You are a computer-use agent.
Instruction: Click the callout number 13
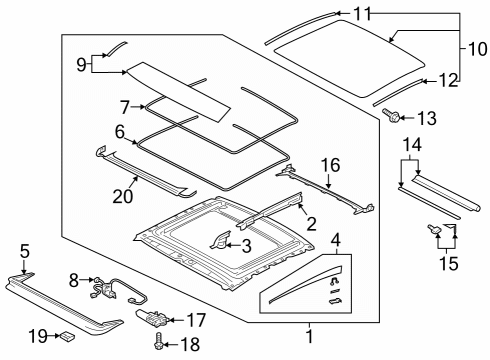pyautogui.click(x=427, y=118)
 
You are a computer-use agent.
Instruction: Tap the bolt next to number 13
pyautogui.click(x=391, y=115)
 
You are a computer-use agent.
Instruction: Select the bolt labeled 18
pyautogui.click(x=159, y=341)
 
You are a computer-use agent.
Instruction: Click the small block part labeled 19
pyautogui.click(x=67, y=336)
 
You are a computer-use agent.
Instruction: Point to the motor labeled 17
pyautogui.click(x=152, y=318)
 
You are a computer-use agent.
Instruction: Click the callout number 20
pyautogui.click(x=123, y=197)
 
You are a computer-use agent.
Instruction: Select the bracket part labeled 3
pyautogui.click(x=220, y=241)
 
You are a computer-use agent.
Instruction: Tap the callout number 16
pyautogui.click(x=330, y=165)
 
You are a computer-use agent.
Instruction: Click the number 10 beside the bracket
pyautogui.click(x=478, y=49)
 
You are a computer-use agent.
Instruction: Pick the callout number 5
pyautogui.click(x=25, y=251)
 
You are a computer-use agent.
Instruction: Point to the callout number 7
pyautogui.click(x=125, y=107)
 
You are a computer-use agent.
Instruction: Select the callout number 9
pyautogui.click(x=81, y=64)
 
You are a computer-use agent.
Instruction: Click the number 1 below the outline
pyautogui.click(x=310, y=336)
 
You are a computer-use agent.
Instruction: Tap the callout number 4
pyautogui.click(x=336, y=240)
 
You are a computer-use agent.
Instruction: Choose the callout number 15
pyautogui.click(x=449, y=263)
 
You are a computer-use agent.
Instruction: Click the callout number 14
pyautogui.click(x=412, y=145)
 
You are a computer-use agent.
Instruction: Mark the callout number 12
pyautogui.click(x=448, y=81)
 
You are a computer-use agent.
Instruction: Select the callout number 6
pyautogui.click(x=120, y=132)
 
